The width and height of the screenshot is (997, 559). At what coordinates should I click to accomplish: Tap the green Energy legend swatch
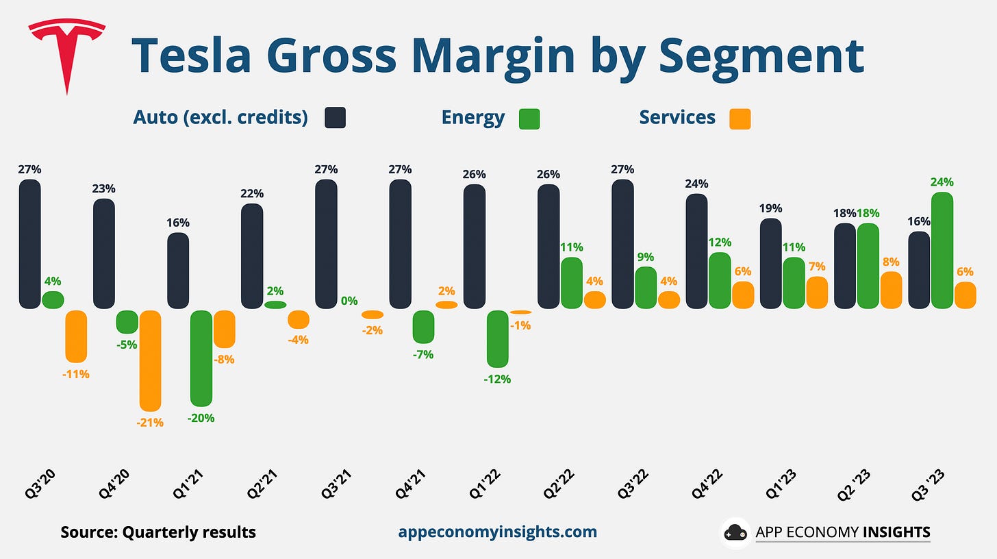coord(529,118)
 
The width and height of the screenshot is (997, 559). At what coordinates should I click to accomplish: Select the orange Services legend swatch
coord(740,118)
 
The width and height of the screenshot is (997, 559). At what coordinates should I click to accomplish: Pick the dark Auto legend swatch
coord(335,118)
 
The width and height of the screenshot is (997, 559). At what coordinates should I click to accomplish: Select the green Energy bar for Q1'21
coord(201,358)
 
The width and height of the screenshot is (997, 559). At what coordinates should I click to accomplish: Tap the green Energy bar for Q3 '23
coord(943,250)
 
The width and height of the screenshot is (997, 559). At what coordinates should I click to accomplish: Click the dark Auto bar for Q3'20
coord(29,244)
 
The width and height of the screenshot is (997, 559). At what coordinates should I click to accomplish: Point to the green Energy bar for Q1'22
coord(498,338)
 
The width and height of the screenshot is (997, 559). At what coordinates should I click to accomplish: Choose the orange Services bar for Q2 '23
coord(891,290)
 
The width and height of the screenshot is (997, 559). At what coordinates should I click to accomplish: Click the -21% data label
coord(150,423)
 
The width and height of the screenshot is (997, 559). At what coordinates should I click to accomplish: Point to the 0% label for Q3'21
coord(349,300)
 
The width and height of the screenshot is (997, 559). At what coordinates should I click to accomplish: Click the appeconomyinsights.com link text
coord(497,532)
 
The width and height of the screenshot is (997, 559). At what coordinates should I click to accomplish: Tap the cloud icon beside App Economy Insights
coord(735,532)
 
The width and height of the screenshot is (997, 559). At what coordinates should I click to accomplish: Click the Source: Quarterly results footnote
coord(158,532)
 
